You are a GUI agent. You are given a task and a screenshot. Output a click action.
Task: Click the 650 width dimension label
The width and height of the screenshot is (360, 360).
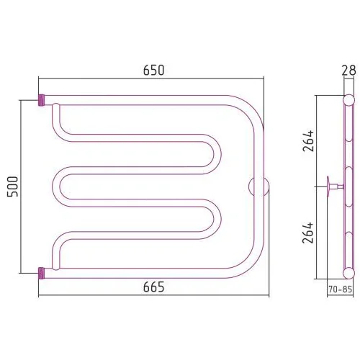click(x=153, y=71)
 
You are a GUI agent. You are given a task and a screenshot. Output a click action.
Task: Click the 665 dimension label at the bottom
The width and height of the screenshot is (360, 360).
click(x=154, y=287)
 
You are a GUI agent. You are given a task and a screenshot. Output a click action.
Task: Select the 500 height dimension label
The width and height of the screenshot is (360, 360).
click(x=12, y=186)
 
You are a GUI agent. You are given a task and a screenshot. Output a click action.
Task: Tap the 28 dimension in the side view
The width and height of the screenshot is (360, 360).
click(x=348, y=71)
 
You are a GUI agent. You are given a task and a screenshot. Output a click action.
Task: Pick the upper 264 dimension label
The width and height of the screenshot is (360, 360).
click(x=308, y=140)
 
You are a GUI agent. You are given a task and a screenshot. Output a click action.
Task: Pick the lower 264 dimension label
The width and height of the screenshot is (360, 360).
click(x=308, y=233)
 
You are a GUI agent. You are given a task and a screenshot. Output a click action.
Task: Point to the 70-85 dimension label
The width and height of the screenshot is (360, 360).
click(x=340, y=289)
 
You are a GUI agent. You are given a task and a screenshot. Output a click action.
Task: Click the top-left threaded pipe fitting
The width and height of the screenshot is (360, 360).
click(x=42, y=100)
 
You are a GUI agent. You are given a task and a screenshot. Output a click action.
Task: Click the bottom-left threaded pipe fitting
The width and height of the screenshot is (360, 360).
click(x=42, y=273)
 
